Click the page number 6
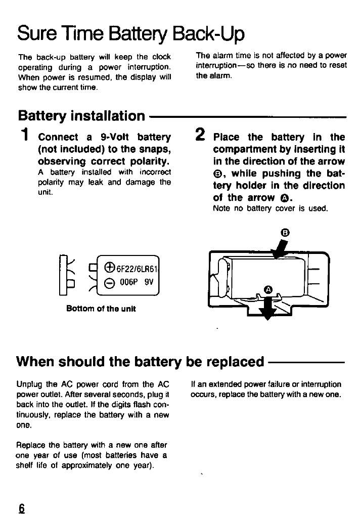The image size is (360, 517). (x=21, y=507)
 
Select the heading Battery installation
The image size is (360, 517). (x=81, y=116)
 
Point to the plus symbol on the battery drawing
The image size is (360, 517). (x=109, y=269)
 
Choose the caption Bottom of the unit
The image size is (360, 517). (x=101, y=308)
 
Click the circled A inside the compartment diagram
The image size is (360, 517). (x=268, y=289)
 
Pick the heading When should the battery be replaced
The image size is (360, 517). (x=141, y=362)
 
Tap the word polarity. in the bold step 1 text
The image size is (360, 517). (x=148, y=162)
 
